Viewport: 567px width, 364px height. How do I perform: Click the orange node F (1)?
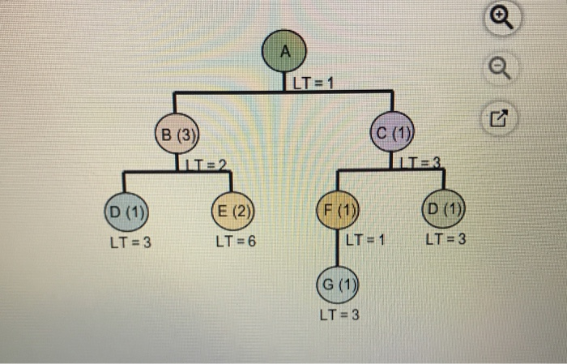pos(336,213)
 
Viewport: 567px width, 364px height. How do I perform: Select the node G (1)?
pos(336,285)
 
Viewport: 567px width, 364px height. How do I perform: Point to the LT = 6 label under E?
pos(236,242)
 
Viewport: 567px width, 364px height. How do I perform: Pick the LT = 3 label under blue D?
pos(130,242)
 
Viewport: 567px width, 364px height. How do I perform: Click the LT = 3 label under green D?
pos(446,240)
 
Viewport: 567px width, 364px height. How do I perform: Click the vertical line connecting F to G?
pos(336,251)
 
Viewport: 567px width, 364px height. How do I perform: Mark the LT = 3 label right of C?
pos(422,165)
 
